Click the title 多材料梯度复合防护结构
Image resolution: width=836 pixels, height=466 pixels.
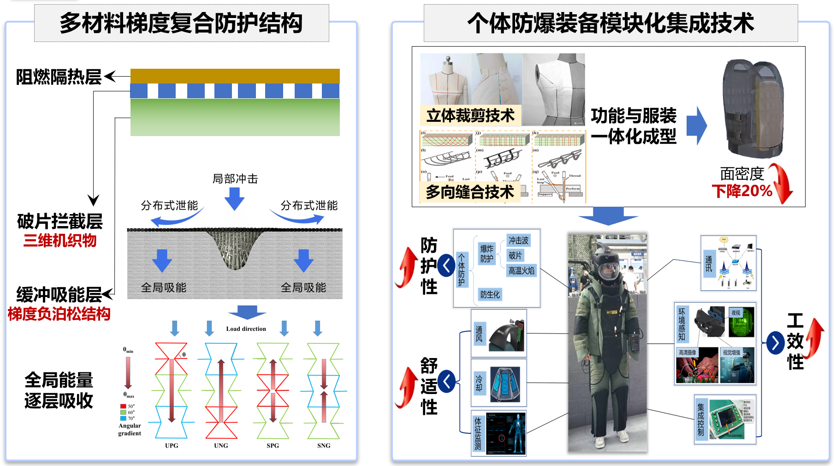181,23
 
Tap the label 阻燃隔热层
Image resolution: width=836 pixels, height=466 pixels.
59,77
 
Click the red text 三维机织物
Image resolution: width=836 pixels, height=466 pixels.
60,240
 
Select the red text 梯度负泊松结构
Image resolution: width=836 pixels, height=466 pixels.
59,314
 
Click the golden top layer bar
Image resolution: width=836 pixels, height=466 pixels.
235,76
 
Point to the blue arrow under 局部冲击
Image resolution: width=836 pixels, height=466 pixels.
234,198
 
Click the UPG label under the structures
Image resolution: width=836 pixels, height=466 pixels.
172,445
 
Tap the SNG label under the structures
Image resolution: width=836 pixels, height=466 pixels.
324,445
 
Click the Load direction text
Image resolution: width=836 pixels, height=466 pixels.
246,329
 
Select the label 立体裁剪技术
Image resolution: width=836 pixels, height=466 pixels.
470,115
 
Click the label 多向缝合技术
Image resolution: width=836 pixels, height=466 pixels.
469,191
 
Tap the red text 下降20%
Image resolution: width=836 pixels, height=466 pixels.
742,191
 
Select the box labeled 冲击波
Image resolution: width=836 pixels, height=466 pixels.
518,240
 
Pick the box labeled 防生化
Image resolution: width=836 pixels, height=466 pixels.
490,294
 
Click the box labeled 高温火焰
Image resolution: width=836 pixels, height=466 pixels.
522,271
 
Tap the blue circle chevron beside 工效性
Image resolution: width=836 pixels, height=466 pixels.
775,343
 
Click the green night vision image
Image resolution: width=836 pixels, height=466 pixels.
741,322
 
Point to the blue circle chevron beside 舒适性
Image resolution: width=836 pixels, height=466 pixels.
446,381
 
